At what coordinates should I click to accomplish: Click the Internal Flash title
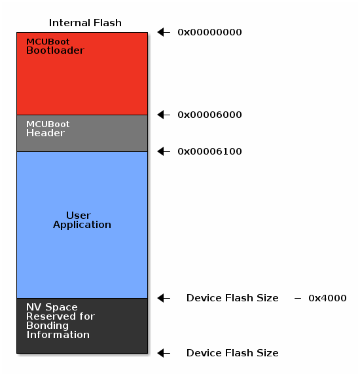point(85,23)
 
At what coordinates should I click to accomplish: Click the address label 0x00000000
point(209,32)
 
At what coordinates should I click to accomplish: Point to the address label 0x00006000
point(209,115)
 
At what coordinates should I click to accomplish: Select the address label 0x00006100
point(209,151)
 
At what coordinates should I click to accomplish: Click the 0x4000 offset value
point(327,298)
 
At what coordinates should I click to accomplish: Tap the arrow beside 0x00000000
point(164,32)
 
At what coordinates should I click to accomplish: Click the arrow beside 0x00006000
point(164,115)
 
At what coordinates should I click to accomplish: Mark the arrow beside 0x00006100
point(164,151)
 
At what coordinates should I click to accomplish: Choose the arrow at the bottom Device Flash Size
point(164,353)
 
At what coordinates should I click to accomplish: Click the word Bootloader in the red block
point(55,50)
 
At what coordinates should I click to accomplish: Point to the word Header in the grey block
point(45,133)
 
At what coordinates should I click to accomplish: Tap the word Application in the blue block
point(82,225)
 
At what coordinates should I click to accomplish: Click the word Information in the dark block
point(58,335)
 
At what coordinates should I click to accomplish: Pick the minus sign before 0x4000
point(297,298)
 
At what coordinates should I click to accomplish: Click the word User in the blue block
point(79,216)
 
